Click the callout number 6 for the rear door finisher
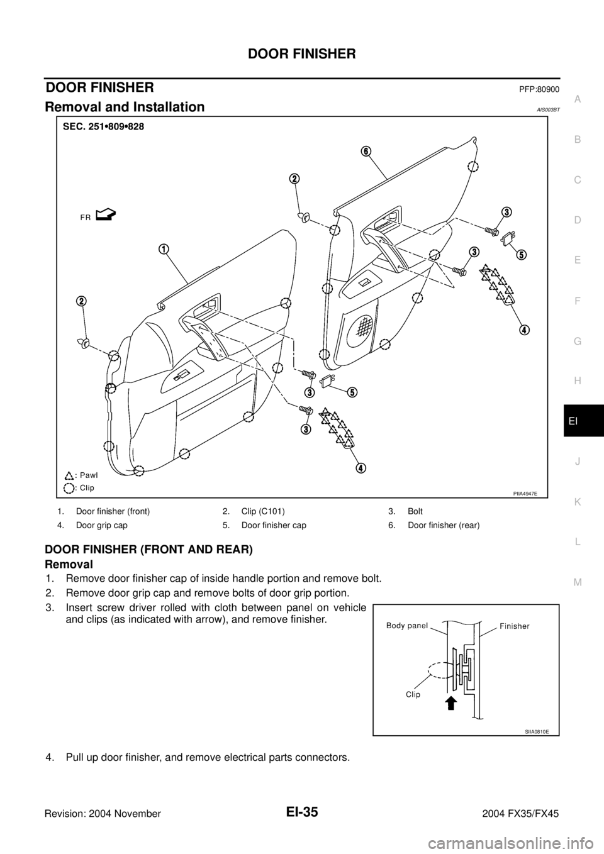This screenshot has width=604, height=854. point(366,152)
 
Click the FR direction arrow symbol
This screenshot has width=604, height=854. point(108,216)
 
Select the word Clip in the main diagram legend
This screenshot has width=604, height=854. point(86,488)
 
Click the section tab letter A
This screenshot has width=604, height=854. point(578,99)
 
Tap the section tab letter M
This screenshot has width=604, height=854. point(578,582)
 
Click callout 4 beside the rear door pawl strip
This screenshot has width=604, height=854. point(523,330)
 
